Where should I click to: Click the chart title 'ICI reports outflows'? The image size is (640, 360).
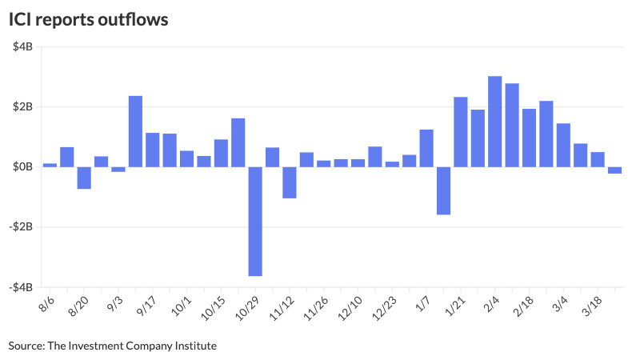[x=88, y=19]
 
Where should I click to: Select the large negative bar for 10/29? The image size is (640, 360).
[x=255, y=222]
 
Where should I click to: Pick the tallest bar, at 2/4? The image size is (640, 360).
[x=495, y=122]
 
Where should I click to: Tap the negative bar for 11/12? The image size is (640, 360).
[x=290, y=182]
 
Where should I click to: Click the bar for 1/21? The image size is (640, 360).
[x=461, y=132]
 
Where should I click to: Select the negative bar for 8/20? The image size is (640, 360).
[x=84, y=178]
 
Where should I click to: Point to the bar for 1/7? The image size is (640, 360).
[x=426, y=148]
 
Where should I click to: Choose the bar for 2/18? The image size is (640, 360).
[x=530, y=138]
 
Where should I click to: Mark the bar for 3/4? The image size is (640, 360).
[x=564, y=146]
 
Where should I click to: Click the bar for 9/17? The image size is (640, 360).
[x=153, y=150]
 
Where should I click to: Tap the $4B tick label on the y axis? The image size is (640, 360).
[x=22, y=46]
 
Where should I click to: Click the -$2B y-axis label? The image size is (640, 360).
[x=21, y=226]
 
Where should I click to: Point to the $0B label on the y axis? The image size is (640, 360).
[x=22, y=166]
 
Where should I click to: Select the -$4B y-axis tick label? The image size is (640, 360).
[x=21, y=287]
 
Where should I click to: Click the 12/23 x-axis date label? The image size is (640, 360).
[x=384, y=308]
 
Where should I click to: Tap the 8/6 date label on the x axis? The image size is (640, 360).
[x=46, y=304]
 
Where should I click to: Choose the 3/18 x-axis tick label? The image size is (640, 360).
[x=591, y=306]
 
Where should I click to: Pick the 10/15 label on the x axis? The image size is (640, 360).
[x=213, y=308]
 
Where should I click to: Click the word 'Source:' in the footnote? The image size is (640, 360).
[x=26, y=346]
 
